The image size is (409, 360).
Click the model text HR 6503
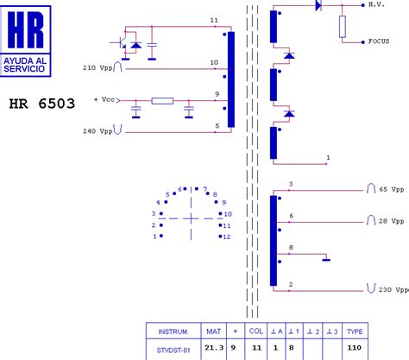pos(41,104)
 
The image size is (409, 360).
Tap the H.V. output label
pos(376,4)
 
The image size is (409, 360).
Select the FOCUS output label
pos(379,41)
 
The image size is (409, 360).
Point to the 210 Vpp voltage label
pos(97,67)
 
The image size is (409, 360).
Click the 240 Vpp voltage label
pos(97,131)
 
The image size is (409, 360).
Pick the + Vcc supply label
pos(104,100)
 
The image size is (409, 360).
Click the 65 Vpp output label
pos(390,188)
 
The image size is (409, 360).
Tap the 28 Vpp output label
pos(390,222)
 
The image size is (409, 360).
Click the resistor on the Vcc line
pos(162,100)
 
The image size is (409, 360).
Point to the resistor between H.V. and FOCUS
pos(343,28)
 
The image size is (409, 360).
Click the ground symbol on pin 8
pos(326,258)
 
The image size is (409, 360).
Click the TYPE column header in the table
pos(355,332)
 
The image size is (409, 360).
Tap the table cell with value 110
pos(355,348)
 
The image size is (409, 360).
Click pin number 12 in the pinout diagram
pos(227,236)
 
